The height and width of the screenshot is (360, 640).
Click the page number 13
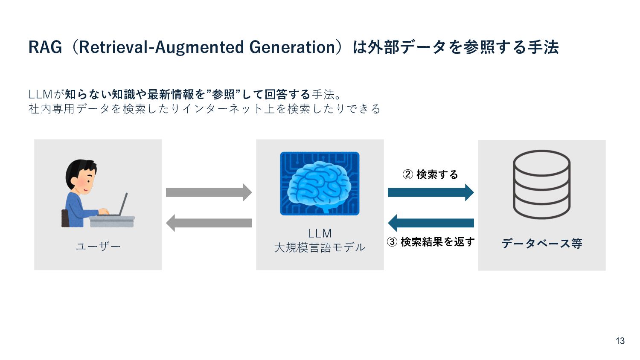click(x=620, y=341)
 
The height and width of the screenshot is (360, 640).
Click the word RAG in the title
click(x=45, y=47)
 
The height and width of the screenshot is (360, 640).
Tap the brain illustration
click(x=320, y=183)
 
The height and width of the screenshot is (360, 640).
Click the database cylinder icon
click(x=541, y=184)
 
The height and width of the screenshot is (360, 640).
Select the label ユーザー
click(x=98, y=247)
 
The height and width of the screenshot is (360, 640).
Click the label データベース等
click(x=541, y=244)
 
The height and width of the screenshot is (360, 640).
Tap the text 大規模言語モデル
click(x=320, y=247)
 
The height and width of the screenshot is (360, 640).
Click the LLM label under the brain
click(x=320, y=233)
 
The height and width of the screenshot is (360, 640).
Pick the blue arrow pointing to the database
click(x=431, y=192)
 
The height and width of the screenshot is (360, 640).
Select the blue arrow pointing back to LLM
click(x=431, y=223)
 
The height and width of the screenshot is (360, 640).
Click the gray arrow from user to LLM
click(x=209, y=192)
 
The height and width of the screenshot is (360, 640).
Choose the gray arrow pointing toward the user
click(x=209, y=223)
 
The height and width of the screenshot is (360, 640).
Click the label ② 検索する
click(x=431, y=174)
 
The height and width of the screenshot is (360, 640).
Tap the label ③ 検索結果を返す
click(x=431, y=242)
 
